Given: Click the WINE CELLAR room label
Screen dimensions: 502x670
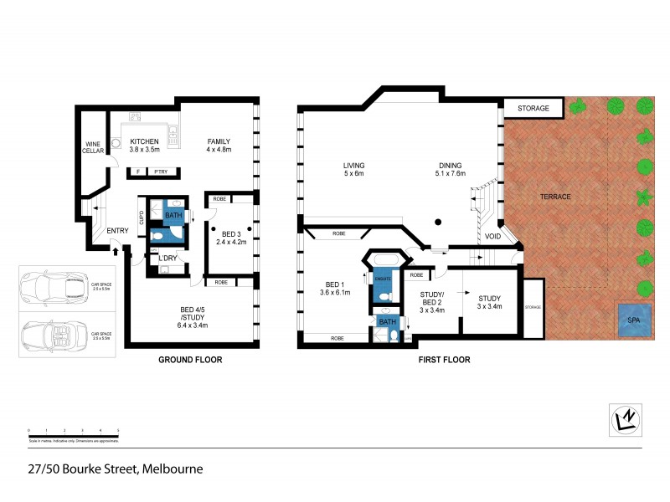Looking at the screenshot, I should point(92,147).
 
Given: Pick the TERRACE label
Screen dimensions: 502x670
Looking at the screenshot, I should point(555,197).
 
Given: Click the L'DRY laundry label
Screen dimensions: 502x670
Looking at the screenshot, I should point(167,258).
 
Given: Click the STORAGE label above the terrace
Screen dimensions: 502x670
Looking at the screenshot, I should point(533,109).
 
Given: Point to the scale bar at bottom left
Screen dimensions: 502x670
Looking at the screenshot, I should point(74,434).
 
